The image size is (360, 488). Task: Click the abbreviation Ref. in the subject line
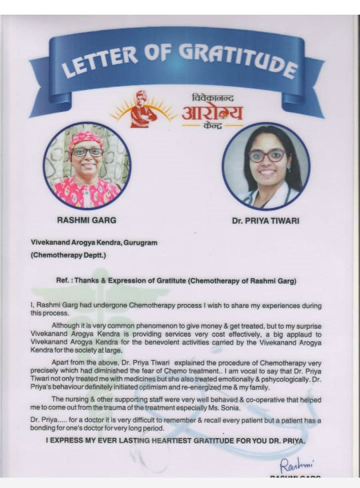(64, 281)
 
